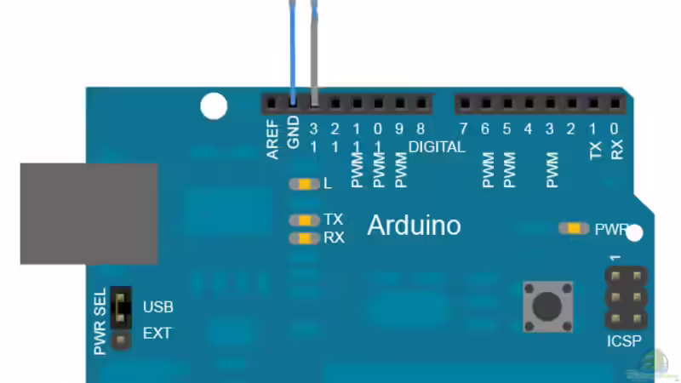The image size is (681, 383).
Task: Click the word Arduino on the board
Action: (414, 226)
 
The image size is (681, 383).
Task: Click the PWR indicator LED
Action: (574, 228)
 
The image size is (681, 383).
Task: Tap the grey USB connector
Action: (89, 214)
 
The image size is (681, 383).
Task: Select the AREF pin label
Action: (273, 140)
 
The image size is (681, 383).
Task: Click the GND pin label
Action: (294, 134)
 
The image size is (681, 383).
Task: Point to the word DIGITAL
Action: (437, 147)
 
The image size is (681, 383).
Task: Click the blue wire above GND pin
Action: (292, 51)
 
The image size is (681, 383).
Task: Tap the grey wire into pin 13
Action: (314, 51)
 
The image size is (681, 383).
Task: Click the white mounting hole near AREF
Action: (214, 106)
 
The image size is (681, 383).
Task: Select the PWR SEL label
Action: (101, 322)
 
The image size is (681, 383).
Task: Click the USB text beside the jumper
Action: (157, 307)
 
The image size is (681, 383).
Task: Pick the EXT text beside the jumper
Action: (157, 334)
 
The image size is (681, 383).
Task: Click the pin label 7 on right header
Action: (463, 129)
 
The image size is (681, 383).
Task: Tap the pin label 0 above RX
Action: (615, 129)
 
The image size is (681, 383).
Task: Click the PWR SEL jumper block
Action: (121, 308)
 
